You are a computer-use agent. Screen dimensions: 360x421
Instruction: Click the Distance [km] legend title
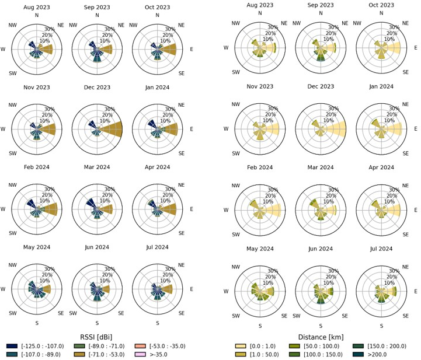pyautogui.click(x=321, y=336)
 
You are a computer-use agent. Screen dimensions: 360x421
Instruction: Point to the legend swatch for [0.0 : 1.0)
pyautogui.click(x=238, y=346)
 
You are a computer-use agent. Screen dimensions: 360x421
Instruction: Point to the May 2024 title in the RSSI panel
pyautogui.click(x=37, y=248)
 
